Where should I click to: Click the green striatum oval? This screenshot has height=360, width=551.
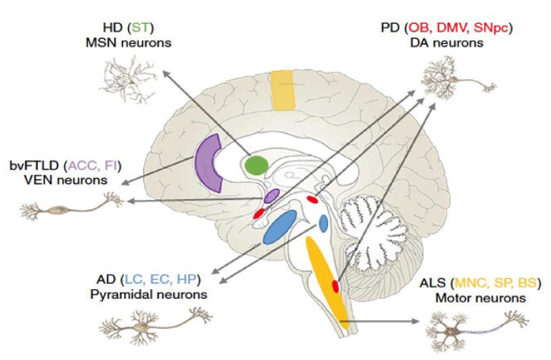point(256,165)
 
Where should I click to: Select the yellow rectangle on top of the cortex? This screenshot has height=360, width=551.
point(282,89)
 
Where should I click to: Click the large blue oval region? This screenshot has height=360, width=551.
point(280,227)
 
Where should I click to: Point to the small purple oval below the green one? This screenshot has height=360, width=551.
point(271,196)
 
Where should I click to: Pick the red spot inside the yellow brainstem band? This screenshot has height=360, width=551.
point(335,286)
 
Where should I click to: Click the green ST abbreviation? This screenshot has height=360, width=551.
point(141,28)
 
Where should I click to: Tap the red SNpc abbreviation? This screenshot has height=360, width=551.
point(491,28)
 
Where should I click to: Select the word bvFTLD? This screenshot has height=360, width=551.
point(35,165)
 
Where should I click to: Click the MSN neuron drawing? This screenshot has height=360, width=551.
point(129,79)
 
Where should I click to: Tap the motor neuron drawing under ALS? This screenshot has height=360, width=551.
point(476,330)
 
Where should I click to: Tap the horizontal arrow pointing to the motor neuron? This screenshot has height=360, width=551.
point(380,321)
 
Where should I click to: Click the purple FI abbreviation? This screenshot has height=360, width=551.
point(110,165)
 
